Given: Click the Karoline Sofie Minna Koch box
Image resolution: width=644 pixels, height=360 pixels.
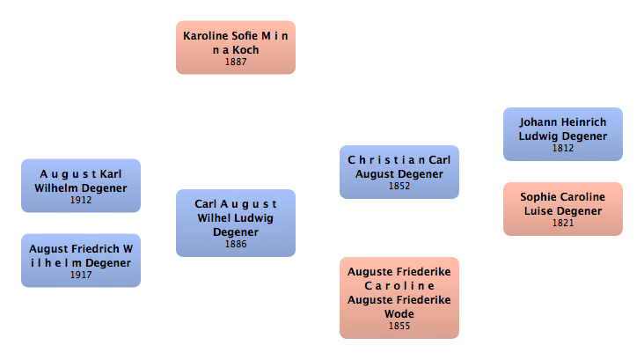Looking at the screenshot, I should click(x=235, y=48).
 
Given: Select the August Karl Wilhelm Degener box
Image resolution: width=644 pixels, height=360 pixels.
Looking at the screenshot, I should click(x=81, y=185).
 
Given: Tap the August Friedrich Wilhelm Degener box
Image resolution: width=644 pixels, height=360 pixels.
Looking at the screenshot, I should click(x=81, y=260).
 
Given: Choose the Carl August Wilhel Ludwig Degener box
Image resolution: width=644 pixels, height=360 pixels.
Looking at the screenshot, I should click(x=235, y=223).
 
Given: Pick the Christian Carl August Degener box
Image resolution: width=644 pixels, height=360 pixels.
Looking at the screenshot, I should click(x=399, y=172).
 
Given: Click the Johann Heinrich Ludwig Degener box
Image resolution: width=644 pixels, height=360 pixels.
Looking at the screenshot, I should click(x=563, y=134).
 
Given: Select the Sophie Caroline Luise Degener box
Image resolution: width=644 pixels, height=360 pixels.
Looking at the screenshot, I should click(x=563, y=209).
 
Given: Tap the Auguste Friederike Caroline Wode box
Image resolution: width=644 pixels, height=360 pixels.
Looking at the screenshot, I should click(x=399, y=298).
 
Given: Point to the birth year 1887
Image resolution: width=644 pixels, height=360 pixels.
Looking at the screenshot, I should click(x=235, y=62).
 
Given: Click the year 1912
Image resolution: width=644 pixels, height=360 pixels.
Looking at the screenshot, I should click(x=81, y=200).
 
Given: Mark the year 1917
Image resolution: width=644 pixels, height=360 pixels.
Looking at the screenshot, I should click(x=81, y=275).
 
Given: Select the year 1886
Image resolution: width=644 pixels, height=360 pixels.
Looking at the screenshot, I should click(x=235, y=244).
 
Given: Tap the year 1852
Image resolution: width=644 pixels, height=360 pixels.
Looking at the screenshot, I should click(x=399, y=186).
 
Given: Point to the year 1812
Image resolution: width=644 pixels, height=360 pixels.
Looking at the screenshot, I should click(x=563, y=148).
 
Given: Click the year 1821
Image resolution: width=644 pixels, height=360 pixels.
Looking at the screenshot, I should click(x=563, y=223).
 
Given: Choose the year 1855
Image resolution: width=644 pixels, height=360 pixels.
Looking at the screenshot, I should click(x=399, y=326).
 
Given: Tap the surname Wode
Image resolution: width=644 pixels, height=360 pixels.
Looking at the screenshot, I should click(x=399, y=313).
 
